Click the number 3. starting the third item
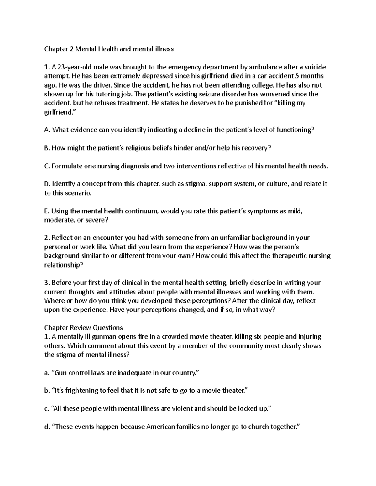tap(47, 283)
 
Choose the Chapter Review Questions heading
tap(83, 328)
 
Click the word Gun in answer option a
tap(61, 373)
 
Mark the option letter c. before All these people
tap(47, 409)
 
